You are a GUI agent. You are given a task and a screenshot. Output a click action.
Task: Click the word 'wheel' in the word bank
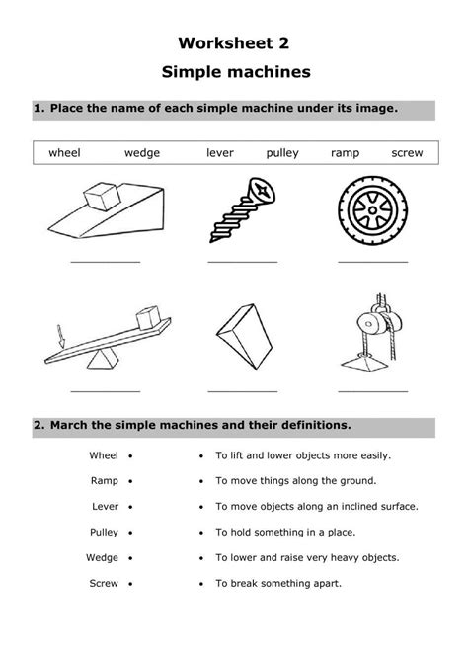pos(64,153)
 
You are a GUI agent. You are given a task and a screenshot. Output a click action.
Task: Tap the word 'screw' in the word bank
pos(407,153)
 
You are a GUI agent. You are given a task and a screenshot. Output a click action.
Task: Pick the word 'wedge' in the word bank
pos(142,153)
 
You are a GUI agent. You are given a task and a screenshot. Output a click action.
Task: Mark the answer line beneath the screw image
pos(242,262)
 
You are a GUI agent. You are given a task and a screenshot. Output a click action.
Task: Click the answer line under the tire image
pos(372,262)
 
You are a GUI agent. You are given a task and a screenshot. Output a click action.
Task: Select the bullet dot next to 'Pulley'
pos(131,532)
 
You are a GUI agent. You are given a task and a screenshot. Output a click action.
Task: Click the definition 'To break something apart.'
pos(278,583)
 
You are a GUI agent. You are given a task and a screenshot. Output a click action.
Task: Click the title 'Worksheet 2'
pos(234,43)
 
